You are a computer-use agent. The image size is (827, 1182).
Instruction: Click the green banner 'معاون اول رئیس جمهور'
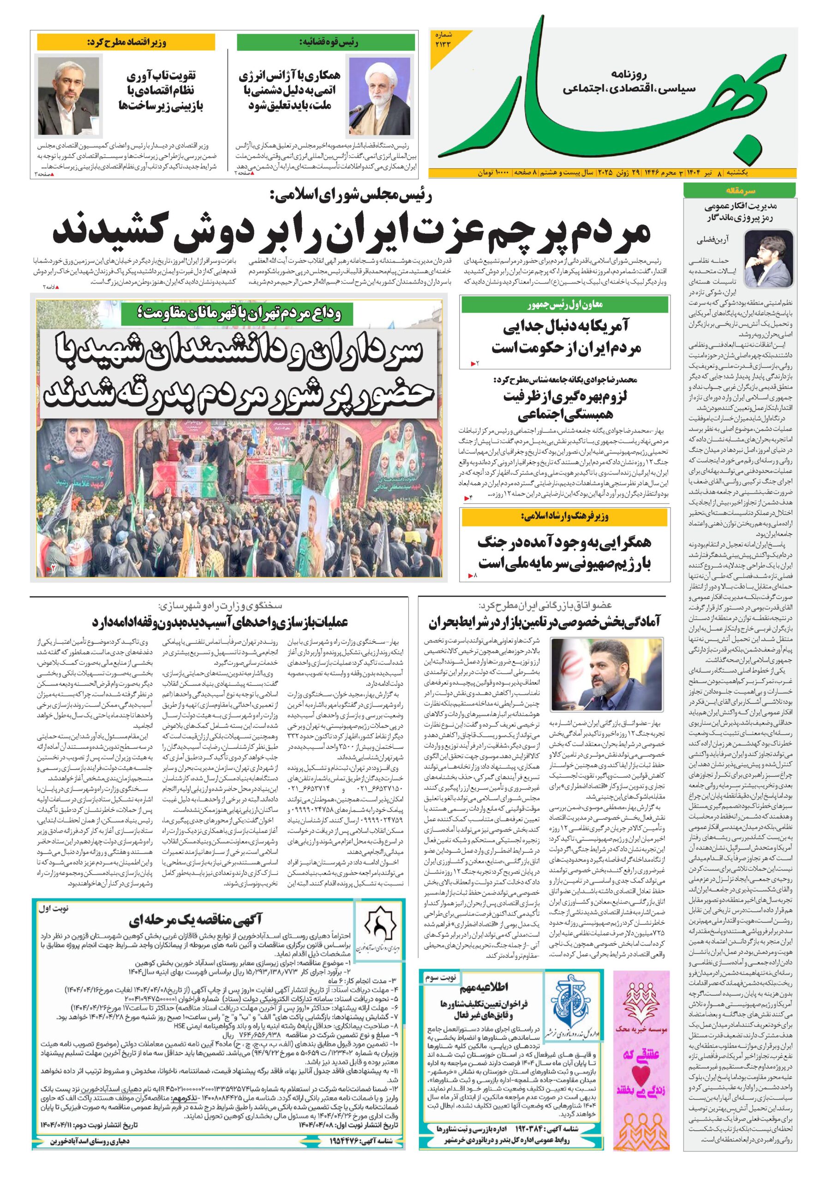click(565, 305)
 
